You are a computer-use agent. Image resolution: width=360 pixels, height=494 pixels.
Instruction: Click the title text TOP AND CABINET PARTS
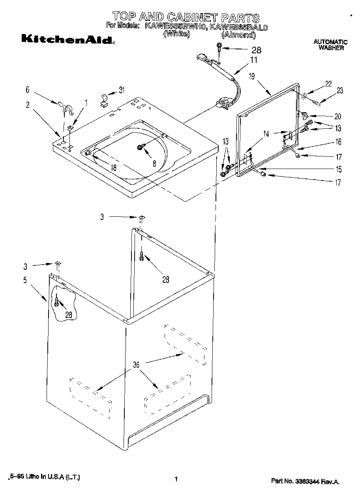click(186, 17)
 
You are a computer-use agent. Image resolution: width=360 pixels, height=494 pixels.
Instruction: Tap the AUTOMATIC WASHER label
click(331, 45)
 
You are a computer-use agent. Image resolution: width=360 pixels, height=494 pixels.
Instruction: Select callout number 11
click(253, 60)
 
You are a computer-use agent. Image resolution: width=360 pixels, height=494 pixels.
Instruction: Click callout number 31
click(122, 90)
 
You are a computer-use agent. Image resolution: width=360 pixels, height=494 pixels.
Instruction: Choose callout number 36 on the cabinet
click(136, 365)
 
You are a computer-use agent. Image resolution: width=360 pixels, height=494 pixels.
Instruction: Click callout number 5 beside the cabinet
click(25, 280)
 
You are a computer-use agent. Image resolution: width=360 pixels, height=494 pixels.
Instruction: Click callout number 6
click(27, 90)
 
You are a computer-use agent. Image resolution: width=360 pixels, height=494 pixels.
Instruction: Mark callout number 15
click(338, 169)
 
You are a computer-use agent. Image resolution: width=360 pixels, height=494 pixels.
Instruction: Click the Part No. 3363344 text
click(305, 481)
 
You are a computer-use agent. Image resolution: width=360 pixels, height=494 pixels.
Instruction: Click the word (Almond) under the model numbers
click(236, 35)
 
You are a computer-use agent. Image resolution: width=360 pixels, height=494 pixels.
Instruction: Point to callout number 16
click(338, 142)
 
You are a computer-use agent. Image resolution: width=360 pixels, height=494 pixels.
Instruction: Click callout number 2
click(28, 105)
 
